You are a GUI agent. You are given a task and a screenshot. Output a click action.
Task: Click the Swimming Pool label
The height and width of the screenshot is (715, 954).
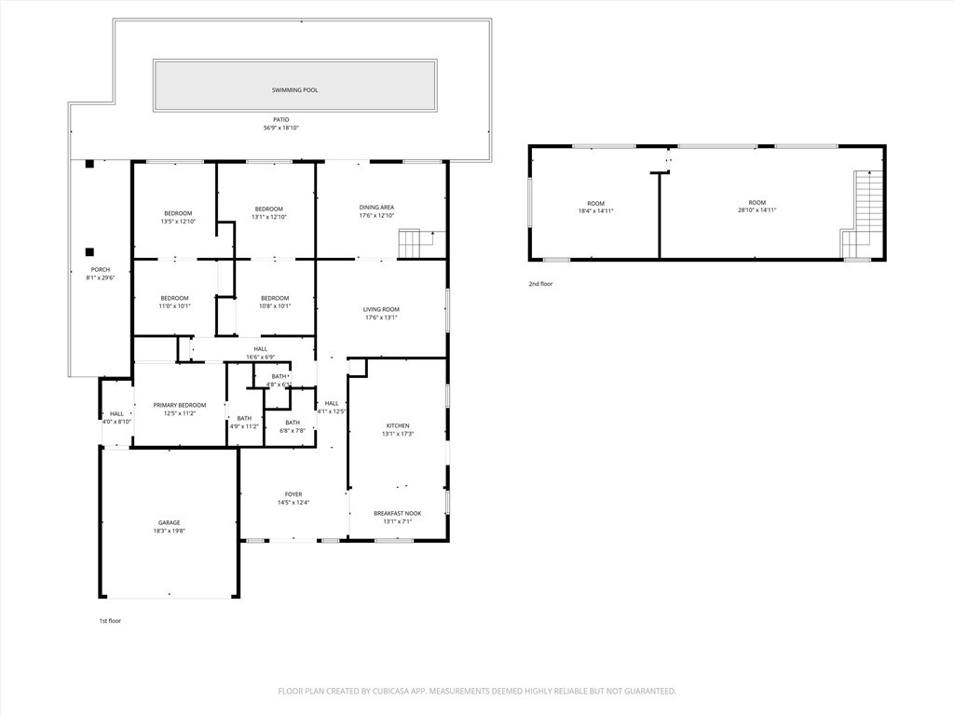coord(294,90)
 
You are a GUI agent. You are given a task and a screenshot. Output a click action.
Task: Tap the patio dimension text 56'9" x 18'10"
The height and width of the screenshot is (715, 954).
coord(281,128)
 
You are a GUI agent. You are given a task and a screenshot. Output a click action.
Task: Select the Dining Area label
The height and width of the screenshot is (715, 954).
coord(376,208)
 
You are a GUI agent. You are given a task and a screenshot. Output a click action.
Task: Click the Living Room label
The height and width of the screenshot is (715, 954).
coord(381,309)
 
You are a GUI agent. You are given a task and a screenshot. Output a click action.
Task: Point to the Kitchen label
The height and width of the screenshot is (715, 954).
coord(398,425)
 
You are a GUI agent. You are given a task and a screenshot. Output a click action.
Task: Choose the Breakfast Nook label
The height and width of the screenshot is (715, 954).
coord(397,513)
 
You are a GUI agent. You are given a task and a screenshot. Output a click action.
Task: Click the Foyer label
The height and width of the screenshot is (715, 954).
coord(293,494)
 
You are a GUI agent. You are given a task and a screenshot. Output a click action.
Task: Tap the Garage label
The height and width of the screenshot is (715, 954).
coord(170,523)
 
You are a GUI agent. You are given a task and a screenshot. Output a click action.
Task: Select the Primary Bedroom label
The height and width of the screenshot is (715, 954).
coord(180,405)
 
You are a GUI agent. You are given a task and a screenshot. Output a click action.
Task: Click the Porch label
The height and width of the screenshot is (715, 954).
coord(101,269)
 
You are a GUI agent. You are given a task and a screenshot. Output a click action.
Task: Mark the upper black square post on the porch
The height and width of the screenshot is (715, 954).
coord(89,164)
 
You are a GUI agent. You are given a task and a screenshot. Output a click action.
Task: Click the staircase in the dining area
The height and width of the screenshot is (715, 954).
coord(410,243)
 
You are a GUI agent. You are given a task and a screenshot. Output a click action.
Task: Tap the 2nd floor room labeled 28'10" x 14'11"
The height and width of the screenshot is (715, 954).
coord(756,206)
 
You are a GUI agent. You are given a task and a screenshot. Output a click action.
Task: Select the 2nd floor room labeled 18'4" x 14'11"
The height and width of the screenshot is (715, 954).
coord(595,208)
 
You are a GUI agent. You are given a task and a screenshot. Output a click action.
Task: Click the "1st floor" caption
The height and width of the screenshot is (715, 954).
coord(110,621)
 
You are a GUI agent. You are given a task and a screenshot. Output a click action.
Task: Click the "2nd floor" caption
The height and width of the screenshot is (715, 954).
coord(540,284)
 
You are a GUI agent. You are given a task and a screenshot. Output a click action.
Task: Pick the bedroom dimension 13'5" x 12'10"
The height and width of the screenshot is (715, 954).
coord(178,222)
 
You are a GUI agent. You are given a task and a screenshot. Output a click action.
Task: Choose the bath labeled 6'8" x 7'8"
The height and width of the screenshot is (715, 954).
coord(293,430)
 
